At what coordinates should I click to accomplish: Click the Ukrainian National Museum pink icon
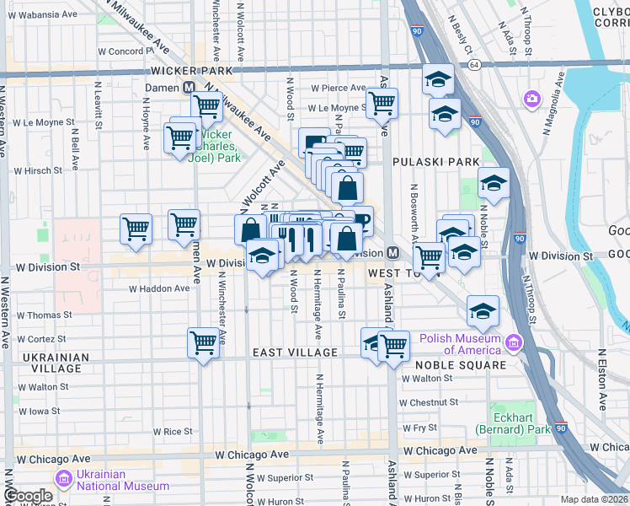tap(63, 479)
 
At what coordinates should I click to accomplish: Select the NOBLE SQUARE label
tap(461, 364)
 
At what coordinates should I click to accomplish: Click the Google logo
tap(27, 496)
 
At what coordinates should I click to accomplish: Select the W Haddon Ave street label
tap(159, 288)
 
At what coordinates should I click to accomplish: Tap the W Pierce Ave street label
tap(339, 88)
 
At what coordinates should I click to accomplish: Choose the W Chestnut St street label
tap(429, 403)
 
